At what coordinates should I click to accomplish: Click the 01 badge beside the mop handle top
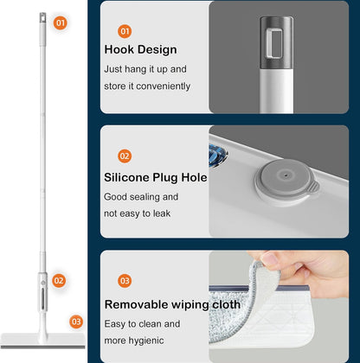click(61, 22)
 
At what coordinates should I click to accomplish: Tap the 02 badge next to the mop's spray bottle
click(59, 281)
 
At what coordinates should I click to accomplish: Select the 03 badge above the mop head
click(76, 322)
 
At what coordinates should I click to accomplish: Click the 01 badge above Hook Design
click(125, 31)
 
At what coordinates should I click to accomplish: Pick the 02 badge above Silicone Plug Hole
click(125, 156)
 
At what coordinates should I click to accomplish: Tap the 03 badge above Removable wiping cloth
click(125, 281)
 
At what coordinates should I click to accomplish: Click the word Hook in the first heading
click(119, 49)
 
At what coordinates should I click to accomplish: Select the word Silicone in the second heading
click(127, 177)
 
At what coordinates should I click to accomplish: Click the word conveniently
click(164, 86)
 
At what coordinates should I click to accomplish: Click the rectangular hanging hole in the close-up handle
click(274, 43)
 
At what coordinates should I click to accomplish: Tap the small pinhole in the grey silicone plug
click(286, 175)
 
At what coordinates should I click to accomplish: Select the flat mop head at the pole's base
click(43, 341)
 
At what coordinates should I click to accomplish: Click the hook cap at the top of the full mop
click(42, 18)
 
